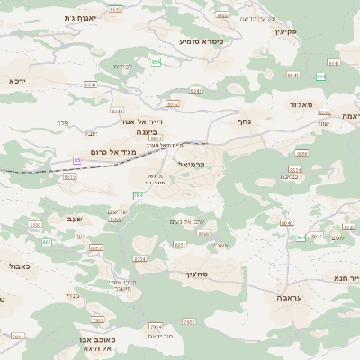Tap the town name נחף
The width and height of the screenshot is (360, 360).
[244, 121]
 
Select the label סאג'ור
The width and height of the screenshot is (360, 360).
[301, 105]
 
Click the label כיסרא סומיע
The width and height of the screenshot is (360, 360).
[201, 40]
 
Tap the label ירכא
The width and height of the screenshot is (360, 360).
[18, 81]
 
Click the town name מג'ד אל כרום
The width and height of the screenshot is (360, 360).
[113, 152]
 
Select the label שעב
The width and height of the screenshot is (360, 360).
[75, 218]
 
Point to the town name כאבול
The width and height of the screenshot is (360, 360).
[19, 266]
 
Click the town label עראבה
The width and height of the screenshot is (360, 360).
[291, 296]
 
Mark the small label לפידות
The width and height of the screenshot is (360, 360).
[122, 67]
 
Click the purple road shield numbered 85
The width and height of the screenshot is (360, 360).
[78, 160]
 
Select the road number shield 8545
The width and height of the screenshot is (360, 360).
[91, 85]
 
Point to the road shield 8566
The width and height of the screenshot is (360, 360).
[302, 154]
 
